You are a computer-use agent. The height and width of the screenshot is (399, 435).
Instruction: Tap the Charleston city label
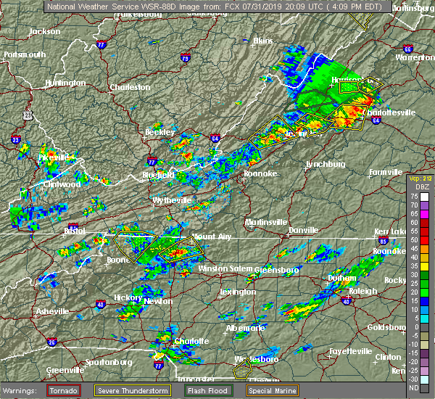(x=130, y=88)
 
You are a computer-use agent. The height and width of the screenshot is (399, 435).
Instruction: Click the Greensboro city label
(x=276, y=270)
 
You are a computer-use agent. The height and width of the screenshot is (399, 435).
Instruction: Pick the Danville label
(x=303, y=230)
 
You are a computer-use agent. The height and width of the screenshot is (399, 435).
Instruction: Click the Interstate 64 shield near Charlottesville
(x=376, y=121)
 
